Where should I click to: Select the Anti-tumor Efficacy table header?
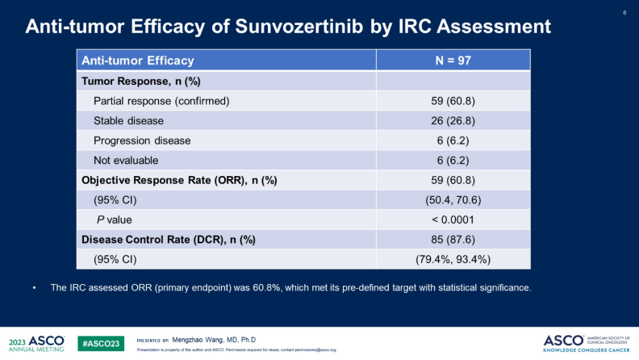point(138,61)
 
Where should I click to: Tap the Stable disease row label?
point(128,121)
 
